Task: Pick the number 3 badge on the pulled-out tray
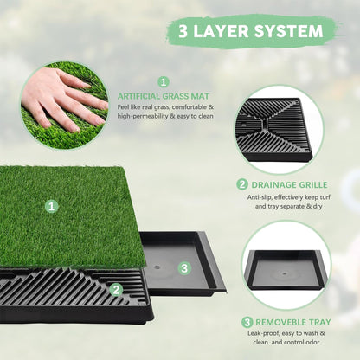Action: tap(184, 268)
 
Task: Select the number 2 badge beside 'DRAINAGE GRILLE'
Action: tap(242, 183)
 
